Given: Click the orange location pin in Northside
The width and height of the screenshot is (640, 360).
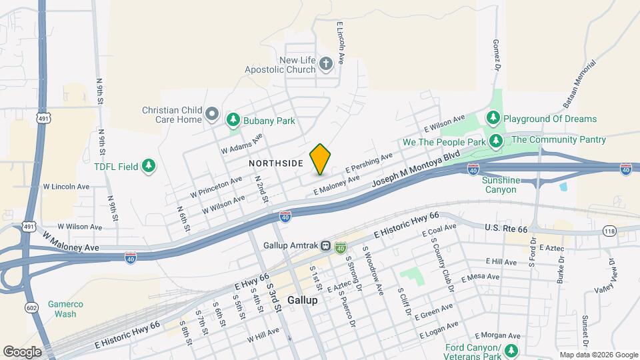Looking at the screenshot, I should click(x=320, y=159).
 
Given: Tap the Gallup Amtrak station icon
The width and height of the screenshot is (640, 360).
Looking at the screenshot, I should click(x=326, y=245).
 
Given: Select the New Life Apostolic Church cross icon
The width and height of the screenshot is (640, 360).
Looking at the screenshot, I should click(x=326, y=64).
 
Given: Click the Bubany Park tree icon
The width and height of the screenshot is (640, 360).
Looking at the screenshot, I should click(x=233, y=120).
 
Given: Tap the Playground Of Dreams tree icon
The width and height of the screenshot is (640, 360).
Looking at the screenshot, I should click(x=493, y=119).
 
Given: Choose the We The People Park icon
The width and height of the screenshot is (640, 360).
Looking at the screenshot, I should click(x=495, y=141).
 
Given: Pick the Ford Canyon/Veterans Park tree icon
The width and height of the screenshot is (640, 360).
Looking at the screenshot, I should click(x=511, y=350).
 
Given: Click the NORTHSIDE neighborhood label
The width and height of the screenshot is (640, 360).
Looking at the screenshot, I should click(x=276, y=163).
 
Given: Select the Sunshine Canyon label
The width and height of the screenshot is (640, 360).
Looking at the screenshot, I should click(x=500, y=185).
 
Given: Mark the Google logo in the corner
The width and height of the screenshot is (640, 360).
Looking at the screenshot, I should click(x=21, y=351).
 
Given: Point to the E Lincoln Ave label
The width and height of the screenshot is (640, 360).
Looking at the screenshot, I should click(x=341, y=42).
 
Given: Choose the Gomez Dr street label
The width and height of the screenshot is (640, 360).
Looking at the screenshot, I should click(x=497, y=53).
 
